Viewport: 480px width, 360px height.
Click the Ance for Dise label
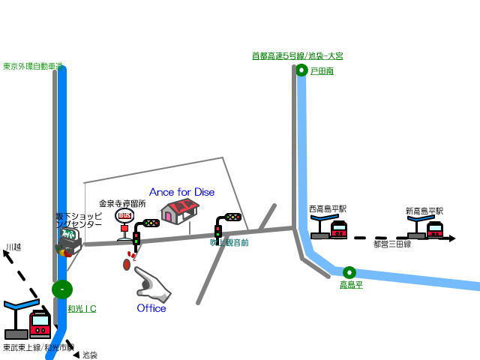pos(181,192)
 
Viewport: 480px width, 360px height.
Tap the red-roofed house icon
pos(179,211)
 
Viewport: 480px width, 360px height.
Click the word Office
pos(151,308)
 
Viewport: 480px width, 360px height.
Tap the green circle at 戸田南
pos(301,70)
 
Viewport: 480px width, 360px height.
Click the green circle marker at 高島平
pos(349,272)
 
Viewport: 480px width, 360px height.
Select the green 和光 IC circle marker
pos(62,289)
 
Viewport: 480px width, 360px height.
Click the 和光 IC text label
pos(82,308)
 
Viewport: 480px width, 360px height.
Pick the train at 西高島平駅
pos(339,229)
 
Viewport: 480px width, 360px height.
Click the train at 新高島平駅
pos(435,229)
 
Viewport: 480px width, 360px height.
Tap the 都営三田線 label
pos(391,244)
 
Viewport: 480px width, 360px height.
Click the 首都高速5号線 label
pos(297,55)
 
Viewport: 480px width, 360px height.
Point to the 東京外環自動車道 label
pos(32,66)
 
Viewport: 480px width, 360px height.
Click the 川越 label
pos(13,247)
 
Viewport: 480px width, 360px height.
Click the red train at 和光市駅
pos(40,324)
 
